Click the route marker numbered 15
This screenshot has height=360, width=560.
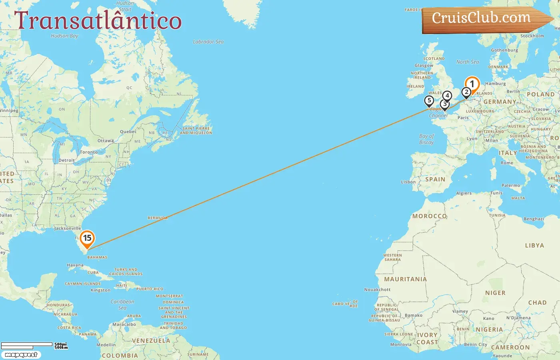87,238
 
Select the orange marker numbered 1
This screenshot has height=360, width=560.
472,84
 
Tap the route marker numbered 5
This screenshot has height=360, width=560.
429,101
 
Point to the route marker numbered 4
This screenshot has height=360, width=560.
447,96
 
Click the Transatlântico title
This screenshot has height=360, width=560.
98,21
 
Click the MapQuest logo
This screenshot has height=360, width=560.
21,355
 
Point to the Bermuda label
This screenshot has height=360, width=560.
158,218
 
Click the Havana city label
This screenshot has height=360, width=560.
75,265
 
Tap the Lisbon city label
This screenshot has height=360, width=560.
408,182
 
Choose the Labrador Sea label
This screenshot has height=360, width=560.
208,42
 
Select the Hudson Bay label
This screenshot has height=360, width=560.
64,36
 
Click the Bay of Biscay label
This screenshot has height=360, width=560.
426,139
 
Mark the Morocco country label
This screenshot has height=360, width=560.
430,216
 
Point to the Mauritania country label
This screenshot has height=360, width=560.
405,279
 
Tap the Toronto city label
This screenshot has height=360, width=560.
89,152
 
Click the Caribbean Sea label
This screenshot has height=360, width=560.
122,305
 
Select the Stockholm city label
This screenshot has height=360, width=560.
532,36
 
